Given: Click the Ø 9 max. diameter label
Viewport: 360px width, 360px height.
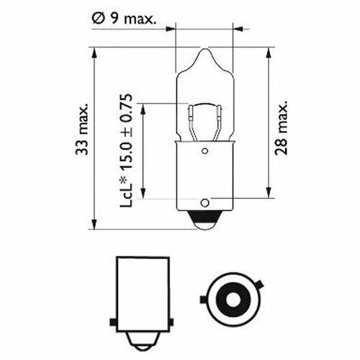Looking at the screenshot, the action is [x=124, y=18].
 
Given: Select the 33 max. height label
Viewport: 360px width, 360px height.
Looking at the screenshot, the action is [x=82, y=129].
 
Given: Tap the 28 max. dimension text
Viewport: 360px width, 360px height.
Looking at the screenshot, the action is [x=281, y=127].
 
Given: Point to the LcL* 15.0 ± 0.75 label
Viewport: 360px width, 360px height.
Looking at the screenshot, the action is [x=126, y=150].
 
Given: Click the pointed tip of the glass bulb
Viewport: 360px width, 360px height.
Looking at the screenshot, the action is [x=204, y=49].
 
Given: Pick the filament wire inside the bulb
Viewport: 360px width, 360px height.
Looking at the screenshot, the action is [x=204, y=105].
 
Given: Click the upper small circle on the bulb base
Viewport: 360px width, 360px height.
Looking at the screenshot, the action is [x=204, y=151].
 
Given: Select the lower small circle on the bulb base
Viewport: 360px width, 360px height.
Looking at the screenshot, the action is [x=204, y=203].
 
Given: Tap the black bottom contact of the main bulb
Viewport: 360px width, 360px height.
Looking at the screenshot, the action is [x=204, y=219].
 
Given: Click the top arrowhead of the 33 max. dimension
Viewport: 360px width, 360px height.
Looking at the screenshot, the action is [x=94, y=53].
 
